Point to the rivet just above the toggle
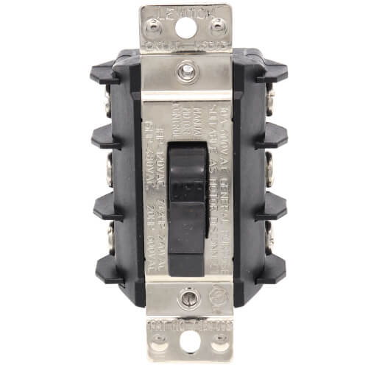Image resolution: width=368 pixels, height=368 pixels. point(185,71)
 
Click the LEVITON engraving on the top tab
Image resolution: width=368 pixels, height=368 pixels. point(185,11)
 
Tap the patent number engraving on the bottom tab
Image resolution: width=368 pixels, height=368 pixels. point(185,325)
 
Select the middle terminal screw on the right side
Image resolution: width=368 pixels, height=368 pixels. point(269,169)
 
